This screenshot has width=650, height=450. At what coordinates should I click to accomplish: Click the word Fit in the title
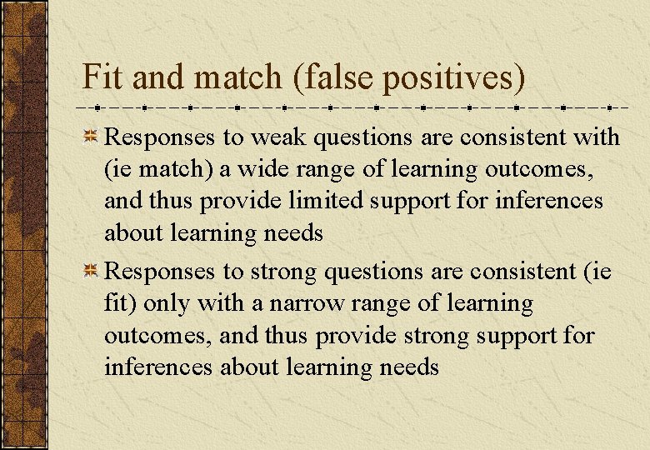click(102, 77)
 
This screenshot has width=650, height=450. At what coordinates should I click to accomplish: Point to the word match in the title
click(238, 77)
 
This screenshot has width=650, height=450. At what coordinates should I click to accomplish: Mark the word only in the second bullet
click(166, 304)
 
